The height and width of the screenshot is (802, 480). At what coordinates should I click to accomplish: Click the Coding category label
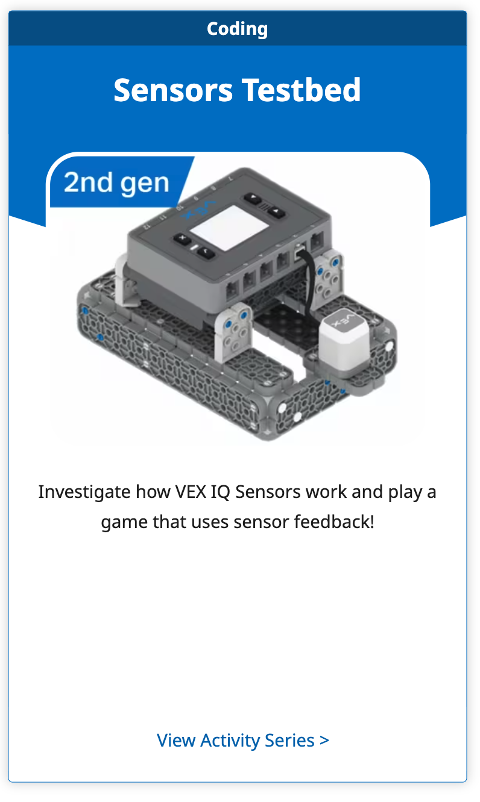pyautogui.click(x=237, y=28)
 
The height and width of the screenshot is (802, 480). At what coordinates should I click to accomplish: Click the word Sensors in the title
pyautogui.click(x=173, y=90)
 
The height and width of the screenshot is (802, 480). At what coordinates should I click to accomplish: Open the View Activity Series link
pyautogui.click(x=242, y=740)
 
